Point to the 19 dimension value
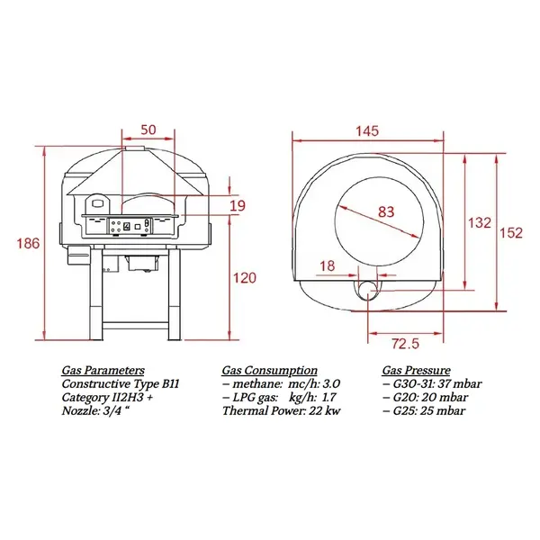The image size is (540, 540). click(x=237, y=207)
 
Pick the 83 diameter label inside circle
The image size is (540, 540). click(x=385, y=213)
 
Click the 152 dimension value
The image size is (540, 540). click(x=511, y=232)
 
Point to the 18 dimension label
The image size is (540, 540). click(x=326, y=265)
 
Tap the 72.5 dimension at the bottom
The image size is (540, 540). click(x=406, y=344)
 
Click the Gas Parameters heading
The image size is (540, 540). click(x=103, y=370)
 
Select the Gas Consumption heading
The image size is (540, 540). click(x=269, y=370)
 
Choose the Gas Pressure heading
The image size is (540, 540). click(x=417, y=370)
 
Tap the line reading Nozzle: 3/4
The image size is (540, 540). click(x=96, y=410)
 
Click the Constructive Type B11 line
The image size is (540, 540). click(x=121, y=383)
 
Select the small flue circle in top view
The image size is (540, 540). click(x=367, y=289)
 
